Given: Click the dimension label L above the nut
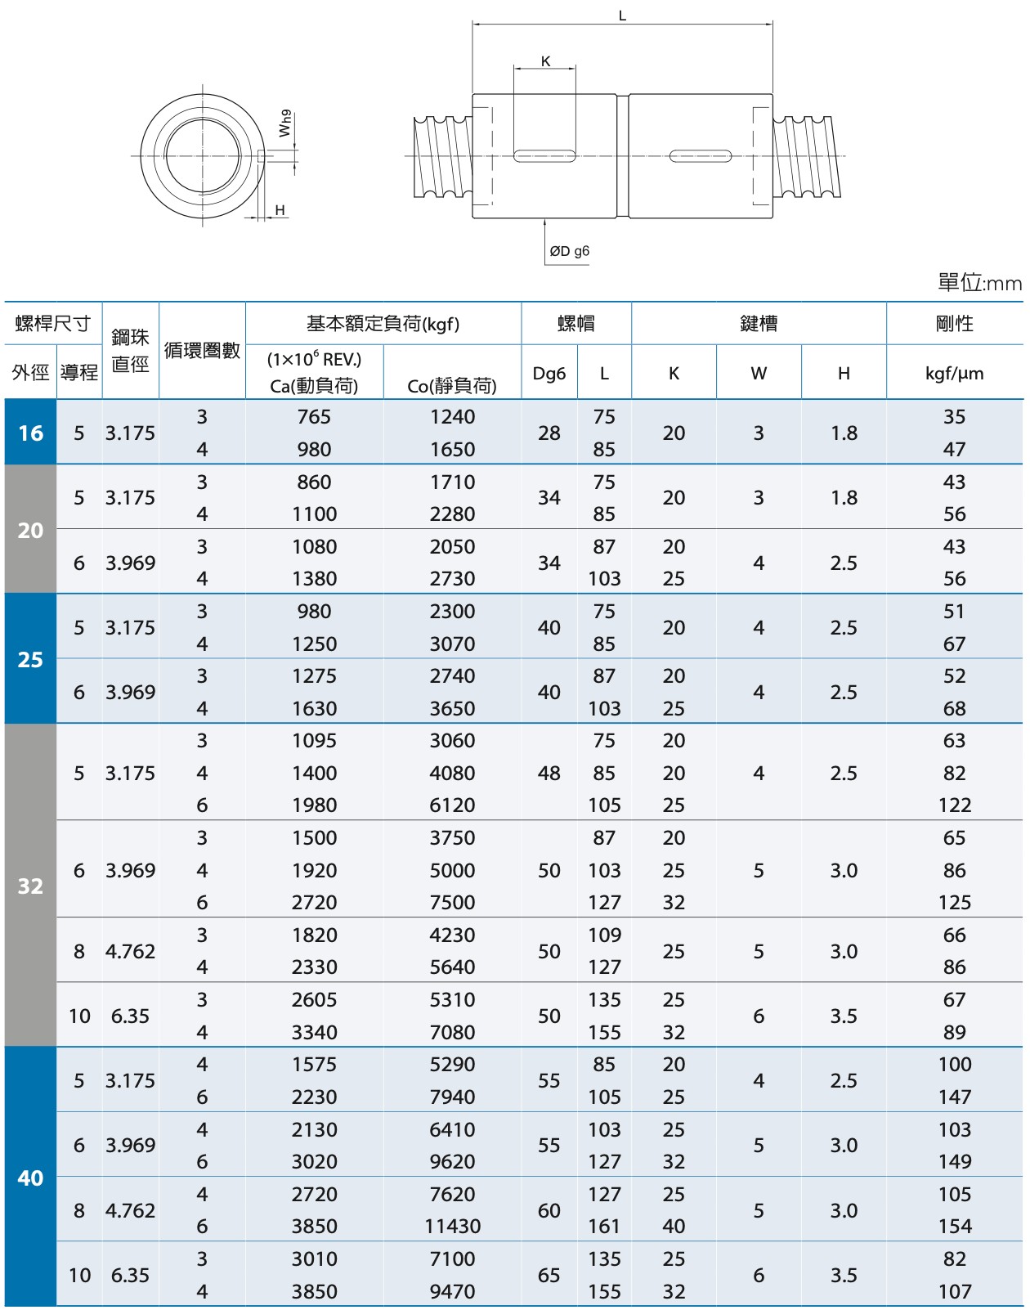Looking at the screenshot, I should [622, 16].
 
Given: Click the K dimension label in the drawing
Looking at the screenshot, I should [545, 61].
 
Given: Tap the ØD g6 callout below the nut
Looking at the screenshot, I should [569, 251].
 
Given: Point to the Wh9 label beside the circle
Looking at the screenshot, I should [284, 123].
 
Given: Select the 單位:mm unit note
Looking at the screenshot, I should [978, 283].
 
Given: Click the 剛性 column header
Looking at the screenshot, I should [954, 324].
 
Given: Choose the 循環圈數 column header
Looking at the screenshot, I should [202, 351].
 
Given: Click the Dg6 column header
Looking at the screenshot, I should [549, 374].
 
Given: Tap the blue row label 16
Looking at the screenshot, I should [30, 433].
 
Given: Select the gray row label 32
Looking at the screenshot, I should [30, 886].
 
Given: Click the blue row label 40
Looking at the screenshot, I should [30, 1178].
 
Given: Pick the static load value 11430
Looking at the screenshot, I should [452, 1226].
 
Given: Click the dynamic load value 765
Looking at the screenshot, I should [314, 417].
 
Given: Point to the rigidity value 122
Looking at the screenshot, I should [954, 805].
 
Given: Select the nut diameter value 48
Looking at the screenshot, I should [549, 773].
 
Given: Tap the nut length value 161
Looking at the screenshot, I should [604, 1226].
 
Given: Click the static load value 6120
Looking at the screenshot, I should [452, 805].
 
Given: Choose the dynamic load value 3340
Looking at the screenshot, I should [314, 1032].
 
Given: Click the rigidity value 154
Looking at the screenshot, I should [954, 1226].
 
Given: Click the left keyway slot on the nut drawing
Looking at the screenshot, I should [544, 155].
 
